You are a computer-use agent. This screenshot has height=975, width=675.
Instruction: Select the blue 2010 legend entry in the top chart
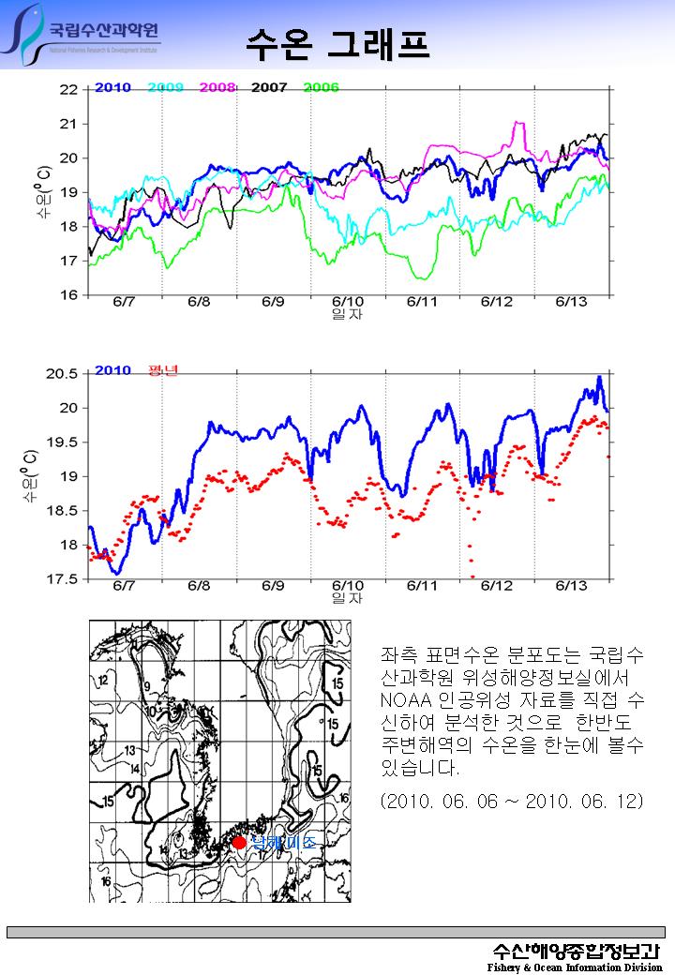click(x=112, y=88)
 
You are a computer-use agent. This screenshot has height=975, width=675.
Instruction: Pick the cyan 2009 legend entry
click(x=165, y=88)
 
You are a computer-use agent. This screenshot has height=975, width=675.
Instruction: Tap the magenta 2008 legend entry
click(x=217, y=88)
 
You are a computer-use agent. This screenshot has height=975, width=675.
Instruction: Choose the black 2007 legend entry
click(x=269, y=88)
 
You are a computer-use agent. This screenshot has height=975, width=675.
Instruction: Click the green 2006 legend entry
click(x=322, y=88)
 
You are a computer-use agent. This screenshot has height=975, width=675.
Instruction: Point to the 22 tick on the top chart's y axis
click(x=68, y=90)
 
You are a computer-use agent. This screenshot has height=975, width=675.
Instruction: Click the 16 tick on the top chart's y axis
click(x=68, y=295)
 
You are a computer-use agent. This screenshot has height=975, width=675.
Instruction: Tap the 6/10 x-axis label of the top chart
click(x=348, y=302)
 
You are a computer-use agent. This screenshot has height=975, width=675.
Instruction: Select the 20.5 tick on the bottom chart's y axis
click(x=63, y=373)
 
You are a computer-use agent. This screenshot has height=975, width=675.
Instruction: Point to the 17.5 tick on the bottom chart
click(x=63, y=579)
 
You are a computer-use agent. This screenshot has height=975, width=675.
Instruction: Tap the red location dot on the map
click(x=239, y=842)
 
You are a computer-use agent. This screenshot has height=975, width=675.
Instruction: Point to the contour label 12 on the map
click(x=103, y=677)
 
